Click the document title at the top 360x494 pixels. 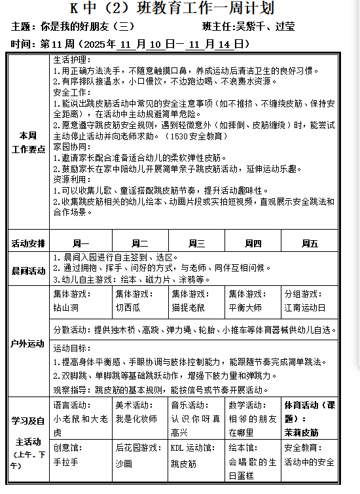pos(180,9)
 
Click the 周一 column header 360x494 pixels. pos(80,243)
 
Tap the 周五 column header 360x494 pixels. pos(310,243)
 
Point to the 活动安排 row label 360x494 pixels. pos(28,243)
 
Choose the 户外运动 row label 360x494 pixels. pos(28,344)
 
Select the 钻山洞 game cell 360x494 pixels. pos(66,306)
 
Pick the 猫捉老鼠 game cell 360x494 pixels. pos(188,306)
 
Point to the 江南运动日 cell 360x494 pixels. pos(304,306)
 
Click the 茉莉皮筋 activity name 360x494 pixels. pos(302,432)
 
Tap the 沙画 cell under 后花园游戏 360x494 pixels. pos(124,462)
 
